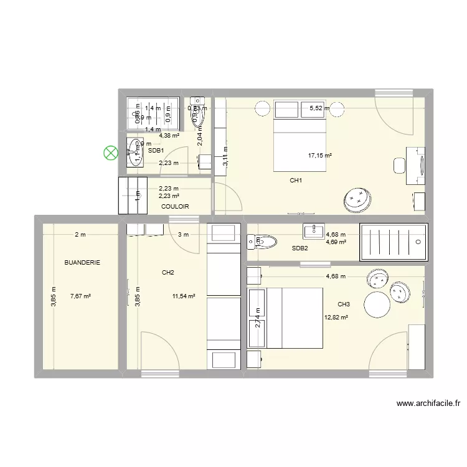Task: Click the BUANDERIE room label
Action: coord(82,263)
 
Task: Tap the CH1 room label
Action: coord(296,181)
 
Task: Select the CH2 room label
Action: coord(167,272)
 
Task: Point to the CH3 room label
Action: coord(344,304)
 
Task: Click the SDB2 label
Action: coord(300,248)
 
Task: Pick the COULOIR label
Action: coord(175,206)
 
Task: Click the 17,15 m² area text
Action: coord(319,156)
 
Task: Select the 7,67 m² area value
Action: coord(81,296)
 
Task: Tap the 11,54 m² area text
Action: coord(184,296)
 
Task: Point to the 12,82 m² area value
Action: coord(336,317)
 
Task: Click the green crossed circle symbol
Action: coord(111,152)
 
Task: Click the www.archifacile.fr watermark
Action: coord(428,403)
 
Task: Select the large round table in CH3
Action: coord(377,305)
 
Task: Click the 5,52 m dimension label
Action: coord(319,108)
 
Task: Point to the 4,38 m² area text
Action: coord(169,136)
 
